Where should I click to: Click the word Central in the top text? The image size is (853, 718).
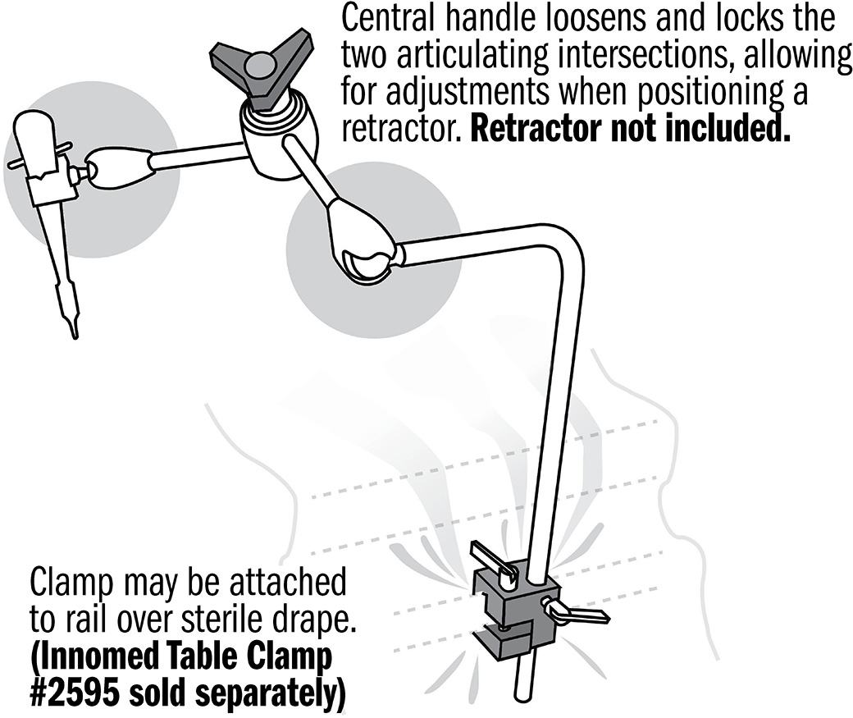click(x=388, y=19)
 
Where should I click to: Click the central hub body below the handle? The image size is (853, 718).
click(x=273, y=143)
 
